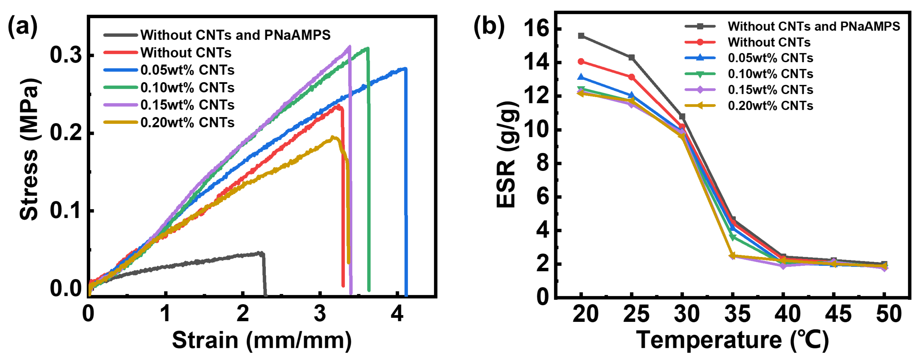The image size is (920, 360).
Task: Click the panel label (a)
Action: [23, 27]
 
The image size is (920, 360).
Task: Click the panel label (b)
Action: [489, 27]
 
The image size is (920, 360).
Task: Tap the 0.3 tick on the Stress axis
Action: [66, 55]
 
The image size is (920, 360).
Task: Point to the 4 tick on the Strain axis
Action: [397, 314]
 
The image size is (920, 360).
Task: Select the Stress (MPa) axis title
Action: [29, 149]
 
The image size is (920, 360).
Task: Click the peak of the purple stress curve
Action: [349, 46]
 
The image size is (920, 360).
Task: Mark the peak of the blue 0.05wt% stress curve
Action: [405, 68]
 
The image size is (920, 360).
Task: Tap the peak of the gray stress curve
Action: [261, 253]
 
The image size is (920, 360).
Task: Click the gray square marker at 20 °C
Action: [581, 36]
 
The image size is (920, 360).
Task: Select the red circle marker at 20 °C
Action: [581, 61]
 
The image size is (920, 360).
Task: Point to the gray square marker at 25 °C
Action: [631, 57]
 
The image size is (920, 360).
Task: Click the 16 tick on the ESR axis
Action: [536, 29]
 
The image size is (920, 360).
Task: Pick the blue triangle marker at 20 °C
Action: [581, 77]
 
